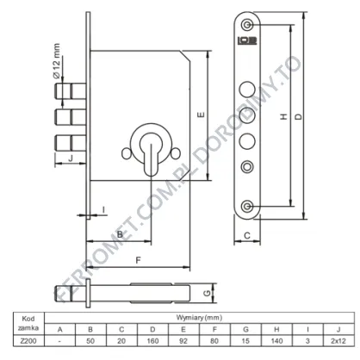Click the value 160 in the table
click(152, 341)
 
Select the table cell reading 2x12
click(338, 341)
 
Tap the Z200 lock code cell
click(28, 341)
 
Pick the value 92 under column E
click(183, 341)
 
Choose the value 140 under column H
click(276, 341)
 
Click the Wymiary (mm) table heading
click(199, 318)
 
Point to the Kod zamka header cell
click(28, 323)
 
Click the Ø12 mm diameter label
click(57, 60)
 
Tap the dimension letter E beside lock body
click(202, 115)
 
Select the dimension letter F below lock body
click(139, 260)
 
